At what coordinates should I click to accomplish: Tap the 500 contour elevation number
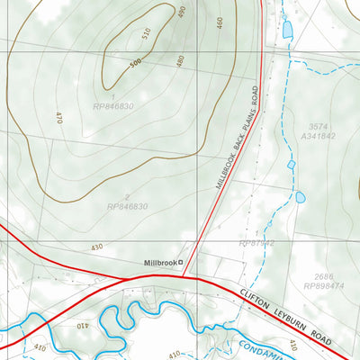[x=135, y=63]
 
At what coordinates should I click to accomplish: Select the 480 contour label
[x=180, y=60]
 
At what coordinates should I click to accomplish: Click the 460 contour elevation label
[x=219, y=22]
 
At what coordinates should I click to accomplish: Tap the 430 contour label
[x=96, y=247]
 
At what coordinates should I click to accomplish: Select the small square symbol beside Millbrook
[x=180, y=262]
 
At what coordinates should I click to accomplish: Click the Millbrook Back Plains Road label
[x=237, y=138]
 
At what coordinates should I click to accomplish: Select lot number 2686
[x=322, y=276]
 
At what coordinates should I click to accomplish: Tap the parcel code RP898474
[x=322, y=286]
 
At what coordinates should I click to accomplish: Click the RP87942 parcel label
[x=256, y=243]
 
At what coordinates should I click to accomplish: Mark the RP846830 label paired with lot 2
[x=127, y=206]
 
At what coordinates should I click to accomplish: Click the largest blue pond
[x=288, y=30]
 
